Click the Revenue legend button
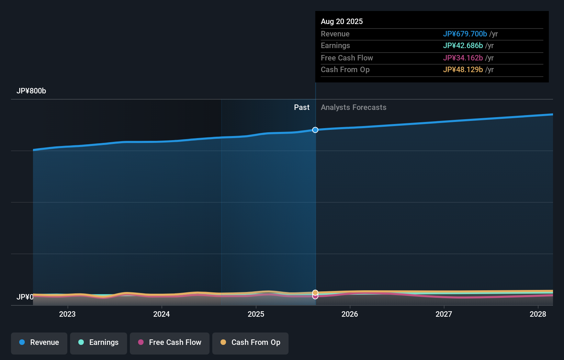pos(39,342)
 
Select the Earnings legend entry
pos(99,342)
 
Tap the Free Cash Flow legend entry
pos(170,342)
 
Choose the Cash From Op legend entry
pos(250,342)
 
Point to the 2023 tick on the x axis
pos(67,314)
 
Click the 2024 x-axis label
pos(161,314)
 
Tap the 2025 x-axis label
pos(256,314)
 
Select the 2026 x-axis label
pos(350,314)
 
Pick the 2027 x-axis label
pos(444,314)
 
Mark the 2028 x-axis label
pos(538,314)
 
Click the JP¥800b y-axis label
pos(31,91)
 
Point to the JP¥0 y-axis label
pos(25,297)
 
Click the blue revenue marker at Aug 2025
pos(315,130)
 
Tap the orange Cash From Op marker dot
pos(315,293)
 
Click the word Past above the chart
pos(302,108)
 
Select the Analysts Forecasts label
pos(353,108)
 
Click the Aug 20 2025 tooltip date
pos(342,21)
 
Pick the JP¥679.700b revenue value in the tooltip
pos(465,34)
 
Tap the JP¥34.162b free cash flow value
pos(463,58)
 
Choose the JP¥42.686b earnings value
pos(463,45)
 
